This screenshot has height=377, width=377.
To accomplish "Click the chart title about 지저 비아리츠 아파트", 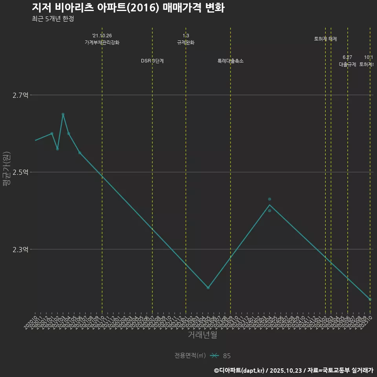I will click(128, 8).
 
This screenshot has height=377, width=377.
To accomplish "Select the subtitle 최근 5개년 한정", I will click(53, 19).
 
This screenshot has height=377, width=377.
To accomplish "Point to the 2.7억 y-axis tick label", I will click(20, 95).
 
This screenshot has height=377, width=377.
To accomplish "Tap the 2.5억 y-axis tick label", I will click(20, 172).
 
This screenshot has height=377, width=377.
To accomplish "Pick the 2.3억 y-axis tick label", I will click(20, 249).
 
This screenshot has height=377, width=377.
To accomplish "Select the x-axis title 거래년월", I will click(202, 335).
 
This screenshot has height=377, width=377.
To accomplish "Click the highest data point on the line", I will click(63, 114).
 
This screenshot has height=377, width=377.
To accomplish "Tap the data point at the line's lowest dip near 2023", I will click(208, 288).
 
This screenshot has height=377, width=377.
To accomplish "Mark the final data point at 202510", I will click(370, 299).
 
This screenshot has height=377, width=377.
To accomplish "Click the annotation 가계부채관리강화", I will click(102, 42).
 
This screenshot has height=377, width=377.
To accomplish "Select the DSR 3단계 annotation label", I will click(152, 61).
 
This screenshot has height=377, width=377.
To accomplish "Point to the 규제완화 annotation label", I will click(186, 42).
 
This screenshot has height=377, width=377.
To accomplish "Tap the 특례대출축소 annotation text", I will click(231, 61).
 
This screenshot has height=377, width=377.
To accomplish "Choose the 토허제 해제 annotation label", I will click(326, 39).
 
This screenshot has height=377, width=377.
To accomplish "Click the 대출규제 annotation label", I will click(348, 64).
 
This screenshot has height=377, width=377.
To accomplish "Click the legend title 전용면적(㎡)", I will click(190, 356).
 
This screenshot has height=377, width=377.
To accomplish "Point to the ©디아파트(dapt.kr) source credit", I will click(240, 370).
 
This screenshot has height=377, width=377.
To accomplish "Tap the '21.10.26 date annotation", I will click(102, 36).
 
